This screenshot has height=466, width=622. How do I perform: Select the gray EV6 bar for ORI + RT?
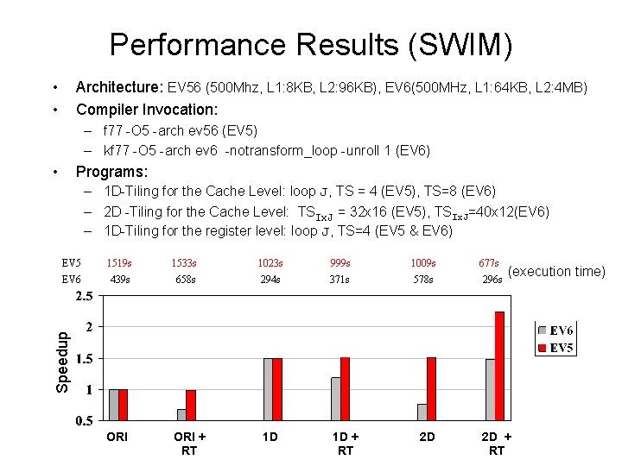coord(181,415)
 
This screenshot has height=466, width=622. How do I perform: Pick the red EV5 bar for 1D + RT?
coord(346,389)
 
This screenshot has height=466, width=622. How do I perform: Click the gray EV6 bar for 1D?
coord(268,389)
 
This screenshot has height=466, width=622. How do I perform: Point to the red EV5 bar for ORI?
coord(123,405)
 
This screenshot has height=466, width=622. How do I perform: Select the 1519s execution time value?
coord(118,263)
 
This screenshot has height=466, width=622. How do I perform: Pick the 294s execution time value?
coord(270,280)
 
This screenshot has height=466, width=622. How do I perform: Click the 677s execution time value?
coord(488,263)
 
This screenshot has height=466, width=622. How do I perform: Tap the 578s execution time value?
coord(423,280)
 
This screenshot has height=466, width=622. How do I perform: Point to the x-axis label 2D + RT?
coord(497,444)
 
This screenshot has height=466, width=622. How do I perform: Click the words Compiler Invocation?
coord(147,110)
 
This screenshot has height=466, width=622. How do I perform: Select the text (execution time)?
coord(556,272)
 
